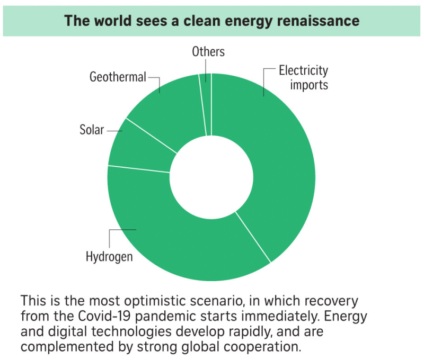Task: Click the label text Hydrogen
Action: [109, 257]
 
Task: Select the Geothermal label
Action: [118, 77]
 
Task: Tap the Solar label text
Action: [92, 130]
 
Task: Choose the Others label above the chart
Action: [208, 51]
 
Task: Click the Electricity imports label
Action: [303, 77]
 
